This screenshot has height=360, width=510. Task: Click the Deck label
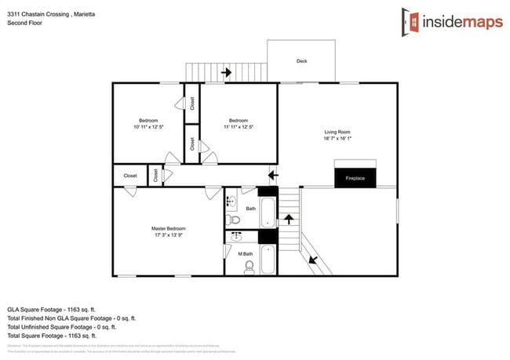click(301, 60)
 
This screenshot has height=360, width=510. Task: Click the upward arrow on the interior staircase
click(289, 217)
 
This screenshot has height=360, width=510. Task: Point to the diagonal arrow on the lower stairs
click(314, 258)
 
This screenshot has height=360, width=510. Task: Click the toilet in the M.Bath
click(250, 267)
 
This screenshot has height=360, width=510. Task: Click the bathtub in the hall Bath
click(267, 211)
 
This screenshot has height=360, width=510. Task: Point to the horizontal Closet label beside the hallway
click(130, 176)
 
